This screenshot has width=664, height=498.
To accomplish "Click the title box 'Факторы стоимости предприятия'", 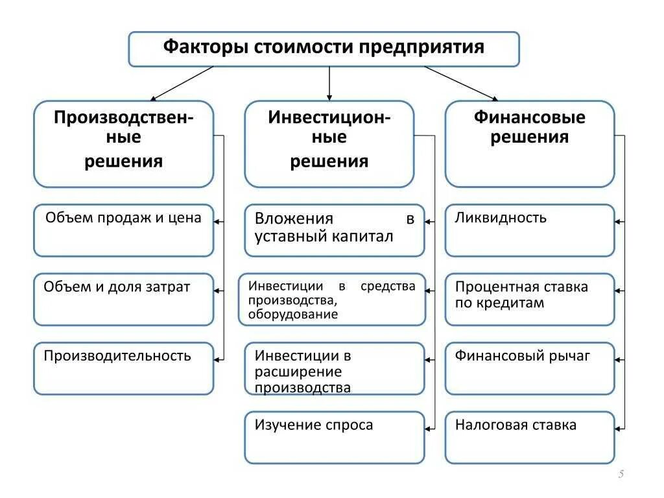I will coord(324,49).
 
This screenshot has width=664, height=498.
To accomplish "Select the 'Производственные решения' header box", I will coord(123,143).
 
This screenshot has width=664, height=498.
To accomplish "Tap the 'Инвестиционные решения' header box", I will coord(329,143).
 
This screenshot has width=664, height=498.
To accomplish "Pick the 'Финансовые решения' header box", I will coord(529,143).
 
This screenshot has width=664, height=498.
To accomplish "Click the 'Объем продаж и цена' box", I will coord(123,230).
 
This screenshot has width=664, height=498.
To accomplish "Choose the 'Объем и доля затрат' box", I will coord(123,299).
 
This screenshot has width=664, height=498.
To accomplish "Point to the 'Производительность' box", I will coord(123,368).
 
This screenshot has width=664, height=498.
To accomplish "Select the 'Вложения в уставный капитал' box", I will coord(334,230).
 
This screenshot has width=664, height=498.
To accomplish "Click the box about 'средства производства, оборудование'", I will coord(331,299).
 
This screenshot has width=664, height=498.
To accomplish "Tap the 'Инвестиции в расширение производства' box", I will coord(334,368).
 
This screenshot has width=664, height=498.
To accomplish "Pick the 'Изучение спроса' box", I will coord(334,437).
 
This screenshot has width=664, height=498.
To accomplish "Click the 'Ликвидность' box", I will coord(529,230).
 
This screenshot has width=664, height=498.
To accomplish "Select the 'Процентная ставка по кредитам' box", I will coord(529,299).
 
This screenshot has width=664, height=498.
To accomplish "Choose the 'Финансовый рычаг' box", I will coord(529,368).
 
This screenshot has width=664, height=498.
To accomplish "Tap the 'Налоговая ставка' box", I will coord(529,437).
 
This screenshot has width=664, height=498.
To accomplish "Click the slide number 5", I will coord(621,475).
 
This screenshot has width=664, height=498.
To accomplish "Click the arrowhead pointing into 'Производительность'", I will coord(217,359).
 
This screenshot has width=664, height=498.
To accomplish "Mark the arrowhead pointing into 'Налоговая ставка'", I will coord(618,428).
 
